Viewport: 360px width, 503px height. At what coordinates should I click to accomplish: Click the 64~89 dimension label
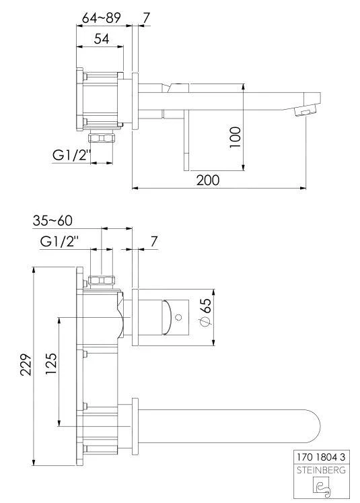pyautogui.click(x=102, y=18)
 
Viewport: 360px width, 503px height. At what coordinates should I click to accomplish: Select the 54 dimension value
pyautogui.click(x=102, y=39)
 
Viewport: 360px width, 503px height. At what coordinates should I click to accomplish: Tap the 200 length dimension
pyautogui.click(x=208, y=180)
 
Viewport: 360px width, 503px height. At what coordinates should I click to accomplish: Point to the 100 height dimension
pyautogui.click(x=236, y=137)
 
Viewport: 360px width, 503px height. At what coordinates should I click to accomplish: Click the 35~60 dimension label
pyautogui.click(x=52, y=220)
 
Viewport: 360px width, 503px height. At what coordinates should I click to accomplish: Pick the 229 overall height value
pyautogui.click(x=26, y=365)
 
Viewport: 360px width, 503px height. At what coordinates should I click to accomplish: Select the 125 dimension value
pyautogui.click(x=51, y=364)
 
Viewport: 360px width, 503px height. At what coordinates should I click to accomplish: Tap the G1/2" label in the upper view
pyautogui.click(x=72, y=156)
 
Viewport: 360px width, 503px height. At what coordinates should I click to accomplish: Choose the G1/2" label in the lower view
pyautogui.click(x=60, y=241)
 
